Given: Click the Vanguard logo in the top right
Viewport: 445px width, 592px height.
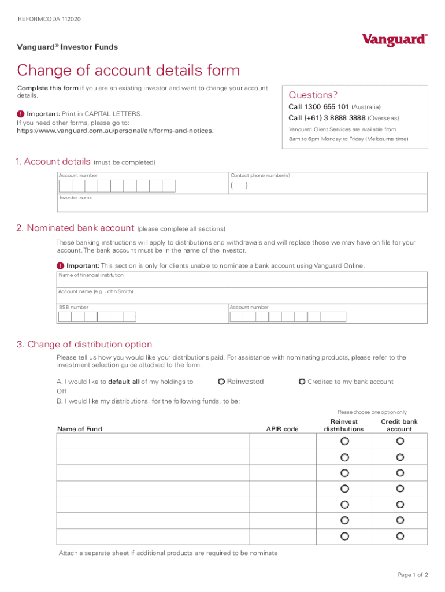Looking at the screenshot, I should click(395, 39).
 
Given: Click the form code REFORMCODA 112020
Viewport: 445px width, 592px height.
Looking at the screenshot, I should click(50, 19).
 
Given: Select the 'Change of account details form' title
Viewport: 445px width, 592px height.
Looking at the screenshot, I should click(128, 71).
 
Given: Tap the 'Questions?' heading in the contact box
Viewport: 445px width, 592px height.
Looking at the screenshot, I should click(313, 95).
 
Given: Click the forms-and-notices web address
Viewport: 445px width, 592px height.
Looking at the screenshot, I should click(115, 131).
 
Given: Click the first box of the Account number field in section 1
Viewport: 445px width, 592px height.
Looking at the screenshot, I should click(65, 186).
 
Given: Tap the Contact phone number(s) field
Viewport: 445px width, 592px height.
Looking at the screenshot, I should click(328, 186).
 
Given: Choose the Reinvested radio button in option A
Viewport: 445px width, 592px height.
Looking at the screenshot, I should click(221, 382).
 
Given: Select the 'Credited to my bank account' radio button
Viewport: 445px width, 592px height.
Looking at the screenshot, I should click(302, 382).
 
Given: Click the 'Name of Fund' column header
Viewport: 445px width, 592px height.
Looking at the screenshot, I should click(80, 429).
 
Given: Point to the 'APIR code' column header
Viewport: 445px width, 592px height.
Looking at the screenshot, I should click(282, 429).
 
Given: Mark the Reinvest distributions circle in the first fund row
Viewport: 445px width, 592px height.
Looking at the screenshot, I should click(344, 441).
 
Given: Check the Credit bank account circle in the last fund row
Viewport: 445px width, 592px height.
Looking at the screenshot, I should click(400, 536).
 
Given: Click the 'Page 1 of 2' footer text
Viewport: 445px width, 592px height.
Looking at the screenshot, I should click(413, 575).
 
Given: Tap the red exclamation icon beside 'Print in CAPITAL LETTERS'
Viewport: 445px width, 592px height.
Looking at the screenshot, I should click(21, 114).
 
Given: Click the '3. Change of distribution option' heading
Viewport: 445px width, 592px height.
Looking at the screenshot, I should click(84, 345).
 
